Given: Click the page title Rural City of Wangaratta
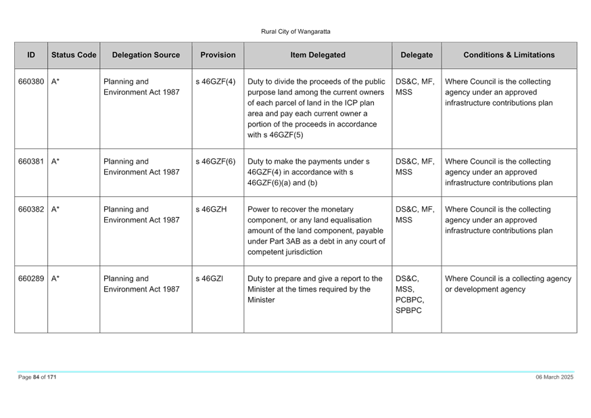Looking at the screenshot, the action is coord(295,32).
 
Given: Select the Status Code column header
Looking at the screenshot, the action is coord(74,55).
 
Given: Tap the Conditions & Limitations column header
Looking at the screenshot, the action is coord(509,55).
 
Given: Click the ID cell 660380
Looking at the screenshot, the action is coord(31,82).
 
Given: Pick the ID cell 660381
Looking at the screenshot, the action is coord(31,162).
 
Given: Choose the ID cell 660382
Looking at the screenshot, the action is coord(31,210).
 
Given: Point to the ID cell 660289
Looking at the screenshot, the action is coord(31,279).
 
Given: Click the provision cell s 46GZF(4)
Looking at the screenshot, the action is coord(215,82).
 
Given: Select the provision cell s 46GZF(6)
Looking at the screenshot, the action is coord(215,162).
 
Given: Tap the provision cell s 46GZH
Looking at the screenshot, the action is coord(211,210).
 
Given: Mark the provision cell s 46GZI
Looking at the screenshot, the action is coord(209,279).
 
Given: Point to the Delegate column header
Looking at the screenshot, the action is coord(417,55).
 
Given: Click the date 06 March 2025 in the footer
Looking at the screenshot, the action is coord(554,377).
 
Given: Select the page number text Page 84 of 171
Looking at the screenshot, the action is coord(37,377).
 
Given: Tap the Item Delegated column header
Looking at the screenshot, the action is coord(318,55).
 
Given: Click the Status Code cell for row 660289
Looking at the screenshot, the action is coord(55,279).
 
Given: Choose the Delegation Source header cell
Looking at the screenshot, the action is coord(146,55).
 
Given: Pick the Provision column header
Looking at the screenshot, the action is coord(218,55).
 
